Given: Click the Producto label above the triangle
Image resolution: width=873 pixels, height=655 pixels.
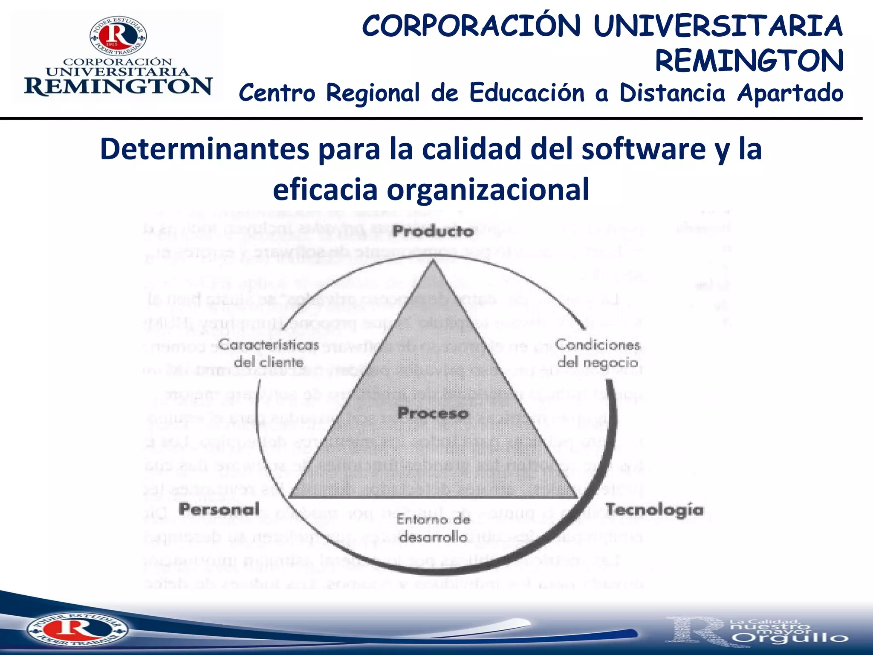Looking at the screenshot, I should click(x=433, y=232).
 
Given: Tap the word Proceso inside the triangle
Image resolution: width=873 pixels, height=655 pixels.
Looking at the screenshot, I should click(x=433, y=413).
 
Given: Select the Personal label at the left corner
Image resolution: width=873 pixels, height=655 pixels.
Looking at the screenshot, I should click(x=219, y=509).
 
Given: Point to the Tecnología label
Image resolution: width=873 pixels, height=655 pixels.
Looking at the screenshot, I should click(x=654, y=510).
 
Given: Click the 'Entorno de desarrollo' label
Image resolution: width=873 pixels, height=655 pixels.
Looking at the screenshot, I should click(x=433, y=528).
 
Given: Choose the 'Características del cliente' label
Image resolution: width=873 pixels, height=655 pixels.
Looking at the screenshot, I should click(x=269, y=354).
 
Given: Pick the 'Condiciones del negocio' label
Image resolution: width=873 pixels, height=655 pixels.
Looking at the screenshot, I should click(x=598, y=354).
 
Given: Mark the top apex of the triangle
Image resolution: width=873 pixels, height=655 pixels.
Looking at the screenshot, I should click(x=433, y=261).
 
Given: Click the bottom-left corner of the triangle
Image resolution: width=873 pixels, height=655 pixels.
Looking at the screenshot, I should click(x=290, y=497).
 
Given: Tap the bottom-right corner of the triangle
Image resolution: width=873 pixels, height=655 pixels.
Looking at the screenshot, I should click(x=577, y=497).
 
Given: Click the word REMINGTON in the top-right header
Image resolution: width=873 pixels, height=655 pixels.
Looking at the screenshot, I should click(x=749, y=61).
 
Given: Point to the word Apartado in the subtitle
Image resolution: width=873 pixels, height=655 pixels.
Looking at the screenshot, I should click(x=790, y=93).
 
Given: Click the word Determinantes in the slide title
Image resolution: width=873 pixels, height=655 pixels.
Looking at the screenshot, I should click(x=205, y=149).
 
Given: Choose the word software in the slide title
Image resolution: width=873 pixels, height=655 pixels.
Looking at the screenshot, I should click(x=643, y=149).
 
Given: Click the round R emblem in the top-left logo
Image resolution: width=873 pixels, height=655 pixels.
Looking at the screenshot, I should click(x=118, y=37).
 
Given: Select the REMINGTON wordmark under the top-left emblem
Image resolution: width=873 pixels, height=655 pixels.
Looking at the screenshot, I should click(x=118, y=87).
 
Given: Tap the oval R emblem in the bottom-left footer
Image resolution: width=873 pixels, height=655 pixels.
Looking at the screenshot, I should click(x=77, y=629).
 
